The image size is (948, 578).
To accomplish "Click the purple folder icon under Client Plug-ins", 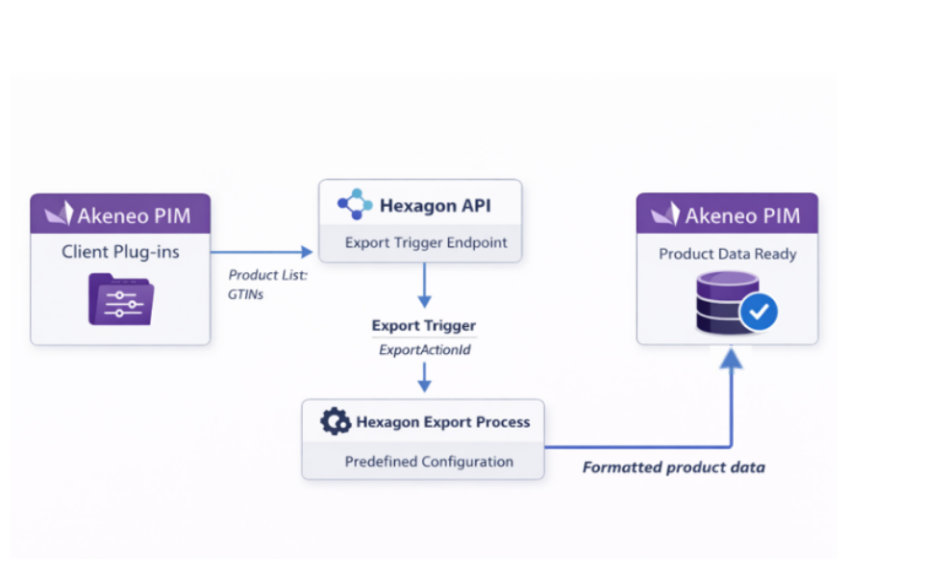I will tap(120, 298).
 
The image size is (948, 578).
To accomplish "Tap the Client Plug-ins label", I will tap(120, 252).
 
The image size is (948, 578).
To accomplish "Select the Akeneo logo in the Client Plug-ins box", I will tap(60, 214).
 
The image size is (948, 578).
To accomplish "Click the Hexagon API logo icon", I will tap(354, 204).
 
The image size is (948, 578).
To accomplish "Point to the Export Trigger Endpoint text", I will tap(425, 242).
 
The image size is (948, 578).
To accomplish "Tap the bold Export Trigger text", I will tap(423, 326).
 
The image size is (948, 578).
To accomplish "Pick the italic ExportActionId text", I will tap(424, 350).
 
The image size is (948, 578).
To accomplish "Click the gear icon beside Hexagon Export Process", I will tap(335, 421).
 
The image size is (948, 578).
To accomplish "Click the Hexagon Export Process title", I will tap(442, 421).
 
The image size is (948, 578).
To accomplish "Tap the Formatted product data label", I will tap(673, 467).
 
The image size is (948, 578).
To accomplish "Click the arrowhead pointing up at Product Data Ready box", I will tap(732, 358).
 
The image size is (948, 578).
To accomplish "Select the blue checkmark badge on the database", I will tap(759, 312).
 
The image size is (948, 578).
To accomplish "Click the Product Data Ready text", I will tap(726, 254).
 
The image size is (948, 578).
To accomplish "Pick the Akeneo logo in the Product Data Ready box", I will tap(664, 214).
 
